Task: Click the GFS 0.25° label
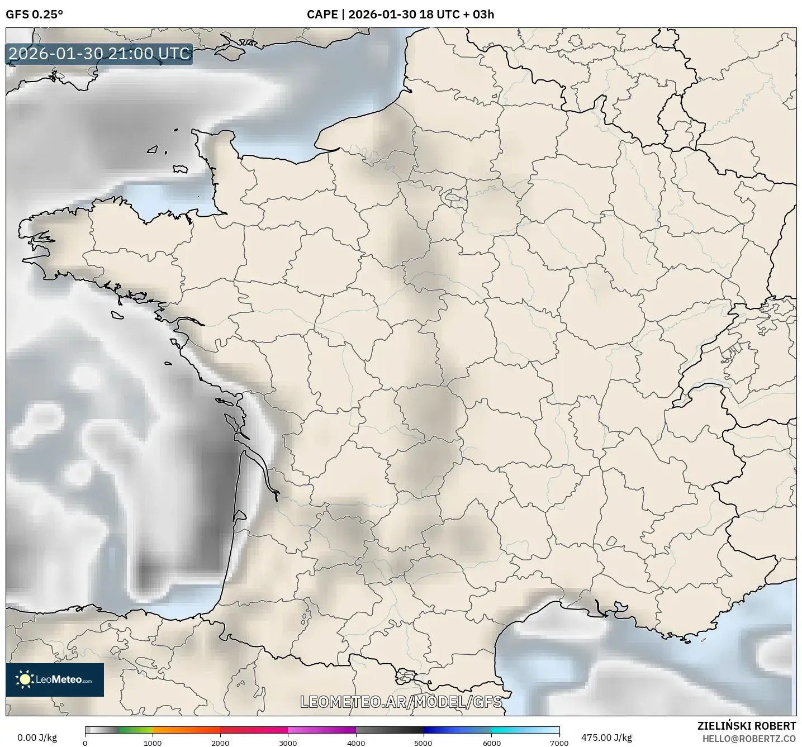[34, 15]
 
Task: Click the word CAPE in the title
[322, 15]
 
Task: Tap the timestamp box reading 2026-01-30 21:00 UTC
[99, 54]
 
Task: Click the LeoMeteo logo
[55, 679]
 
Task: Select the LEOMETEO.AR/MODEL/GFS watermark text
[401, 702]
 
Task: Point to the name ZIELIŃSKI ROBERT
[747, 726]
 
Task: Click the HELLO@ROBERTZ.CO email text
[749, 739]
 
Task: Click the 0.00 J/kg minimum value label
[37, 738]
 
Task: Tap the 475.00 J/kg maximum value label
[606, 738]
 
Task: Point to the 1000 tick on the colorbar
[153, 743]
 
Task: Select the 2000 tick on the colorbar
[220, 743]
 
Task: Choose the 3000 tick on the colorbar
[288, 743]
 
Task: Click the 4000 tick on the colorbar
[356, 743]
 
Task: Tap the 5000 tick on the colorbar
[424, 743]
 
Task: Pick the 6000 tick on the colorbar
[491, 743]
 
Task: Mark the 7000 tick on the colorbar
[559, 743]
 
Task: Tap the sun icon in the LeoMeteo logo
[25, 679]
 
